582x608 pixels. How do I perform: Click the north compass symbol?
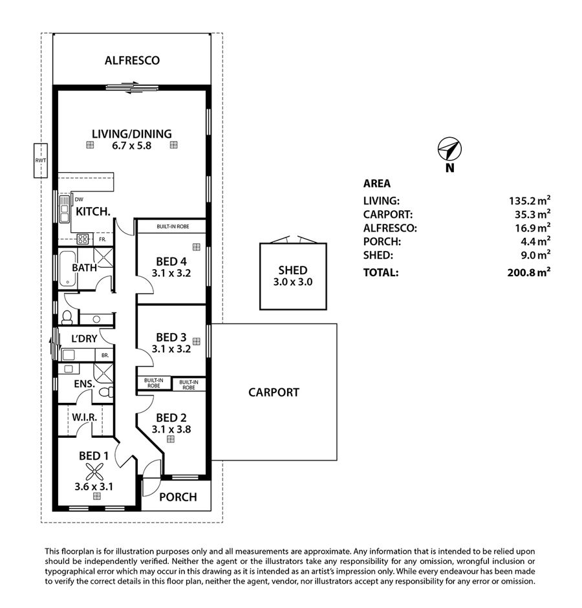[x=449, y=149]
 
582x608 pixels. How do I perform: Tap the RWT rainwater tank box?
[x=41, y=160]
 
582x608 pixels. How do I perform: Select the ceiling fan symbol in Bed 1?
[x=94, y=472]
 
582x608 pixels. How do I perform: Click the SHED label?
[x=293, y=270]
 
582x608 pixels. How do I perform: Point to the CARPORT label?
[x=274, y=393]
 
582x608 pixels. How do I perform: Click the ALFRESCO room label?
[x=132, y=61]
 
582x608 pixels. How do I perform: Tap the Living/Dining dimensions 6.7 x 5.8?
[x=131, y=146]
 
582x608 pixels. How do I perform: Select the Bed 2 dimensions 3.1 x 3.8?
[x=171, y=429]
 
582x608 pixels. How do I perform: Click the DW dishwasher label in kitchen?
[x=79, y=200]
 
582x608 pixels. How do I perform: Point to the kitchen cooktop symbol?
[x=83, y=239]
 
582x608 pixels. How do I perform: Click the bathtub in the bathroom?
[x=67, y=268]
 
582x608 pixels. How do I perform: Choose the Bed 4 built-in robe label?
[x=173, y=226]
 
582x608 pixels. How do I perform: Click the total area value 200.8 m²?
[x=529, y=272]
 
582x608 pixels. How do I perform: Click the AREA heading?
[x=377, y=184]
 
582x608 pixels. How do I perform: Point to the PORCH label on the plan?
[x=178, y=497]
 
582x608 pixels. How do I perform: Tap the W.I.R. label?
[x=85, y=418]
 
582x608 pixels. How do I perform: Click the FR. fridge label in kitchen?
[x=102, y=239]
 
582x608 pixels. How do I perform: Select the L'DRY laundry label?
[x=84, y=338]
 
